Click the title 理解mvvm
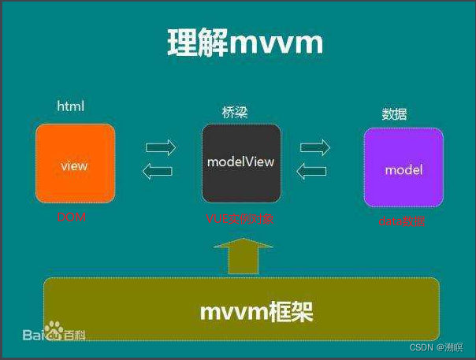pyautogui.click(x=245, y=43)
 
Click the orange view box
pyautogui.click(x=75, y=163)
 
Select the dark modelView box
pyautogui.click(x=240, y=163)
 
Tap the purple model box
pyautogui.click(x=403, y=167)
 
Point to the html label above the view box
pyautogui.click(x=70, y=106)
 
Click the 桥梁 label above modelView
pyautogui.click(x=235, y=113)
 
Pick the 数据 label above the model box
pyautogui.click(x=395, y=114)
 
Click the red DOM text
pyautogui.click(x=71, y=217)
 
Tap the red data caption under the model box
pyautogui.click(x=402, y=222)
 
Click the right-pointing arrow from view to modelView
pyautogui.click(x=161, y=147)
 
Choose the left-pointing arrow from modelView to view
pyautogui.click(x=161, y=171)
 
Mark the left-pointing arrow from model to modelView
pyautogui.click(x=312, y=170)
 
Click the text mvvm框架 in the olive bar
pyautogui.click(x=256, y=312)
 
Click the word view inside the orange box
pyautogui.click(x=74, y=166)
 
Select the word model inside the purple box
pyautogui.click(x=403, y=169)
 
